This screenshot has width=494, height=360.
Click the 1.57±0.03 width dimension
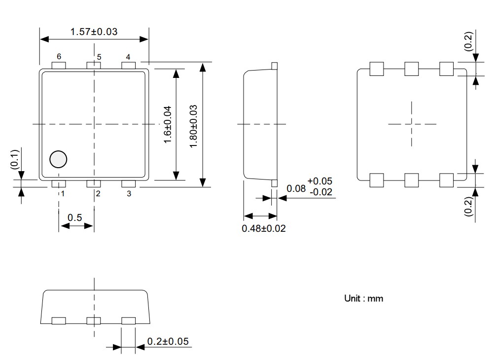click(x=94, y=32)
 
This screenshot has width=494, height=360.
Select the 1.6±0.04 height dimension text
click(x=167, y=125)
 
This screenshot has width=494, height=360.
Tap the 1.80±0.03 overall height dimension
click(x=194, y=125)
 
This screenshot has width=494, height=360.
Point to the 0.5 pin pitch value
click(x=75, y=217)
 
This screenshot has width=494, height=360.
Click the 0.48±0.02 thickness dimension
click(x=264, y=228)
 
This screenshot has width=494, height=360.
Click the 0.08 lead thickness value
click(x=296, y=189)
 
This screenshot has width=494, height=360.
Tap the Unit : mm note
click(x=363, y=298)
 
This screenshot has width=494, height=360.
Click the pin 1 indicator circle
click(x=58, y=159)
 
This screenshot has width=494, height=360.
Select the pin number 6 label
click(x=59, y=57)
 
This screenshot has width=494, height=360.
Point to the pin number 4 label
click(x=128, y=57)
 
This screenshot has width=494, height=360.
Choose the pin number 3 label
click(x=129, y=194)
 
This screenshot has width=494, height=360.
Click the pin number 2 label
click(x=98, y=194)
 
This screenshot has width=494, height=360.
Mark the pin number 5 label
click(x=99, y=57)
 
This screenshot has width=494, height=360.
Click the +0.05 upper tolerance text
click(x=319, y=181)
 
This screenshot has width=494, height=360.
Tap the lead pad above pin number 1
click(x=59, y=184)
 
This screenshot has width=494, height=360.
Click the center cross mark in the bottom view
click(x=412, y=124)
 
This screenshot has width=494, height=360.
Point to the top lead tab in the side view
click(x=275, y=65)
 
